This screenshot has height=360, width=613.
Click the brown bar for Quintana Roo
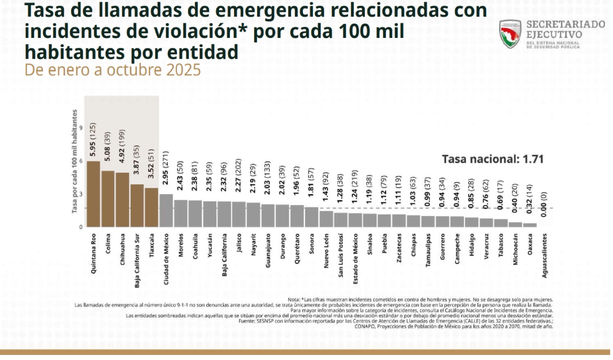pyautogui.click(x=93, y=194)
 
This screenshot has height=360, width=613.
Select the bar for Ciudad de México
pyautogui.click(x=166, y=211)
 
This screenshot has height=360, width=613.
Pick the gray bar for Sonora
pyautogui.click(x=311, y=217)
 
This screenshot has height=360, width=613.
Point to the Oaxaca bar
pyautogui.click(x=530, y=225)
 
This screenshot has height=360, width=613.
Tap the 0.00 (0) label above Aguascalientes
pyautogui.click(x=544, y=204)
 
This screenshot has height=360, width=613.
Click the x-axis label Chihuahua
pyautogui.click(x=123, y=249)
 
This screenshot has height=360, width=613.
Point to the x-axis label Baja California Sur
pyautogui.click(x=137, y=260)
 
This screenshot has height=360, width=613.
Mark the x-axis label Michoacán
pyautogui.click(x=515, y=249)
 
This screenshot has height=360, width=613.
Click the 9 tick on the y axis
pyautogui.click(x=81, y=128)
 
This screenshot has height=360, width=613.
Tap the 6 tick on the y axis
pyautogui.click(x=81, y=161)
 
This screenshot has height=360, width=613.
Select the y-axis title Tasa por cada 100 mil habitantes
pyautogui.click(x=75, y=161)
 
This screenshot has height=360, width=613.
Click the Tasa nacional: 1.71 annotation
pyautogui.click(x=493, y=159)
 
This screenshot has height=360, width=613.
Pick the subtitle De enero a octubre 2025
pyautogui.click(x=113, y=70)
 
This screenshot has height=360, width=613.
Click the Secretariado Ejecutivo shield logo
pyautogui.click(x=510, y=34)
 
